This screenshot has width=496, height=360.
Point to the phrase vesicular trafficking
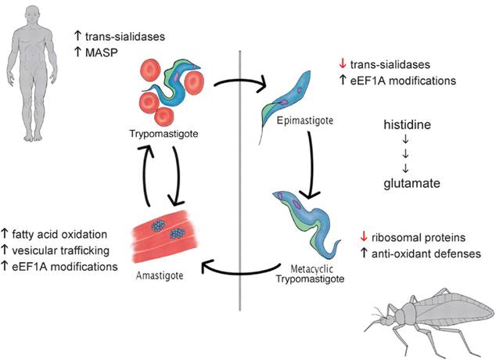[67, 250]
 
